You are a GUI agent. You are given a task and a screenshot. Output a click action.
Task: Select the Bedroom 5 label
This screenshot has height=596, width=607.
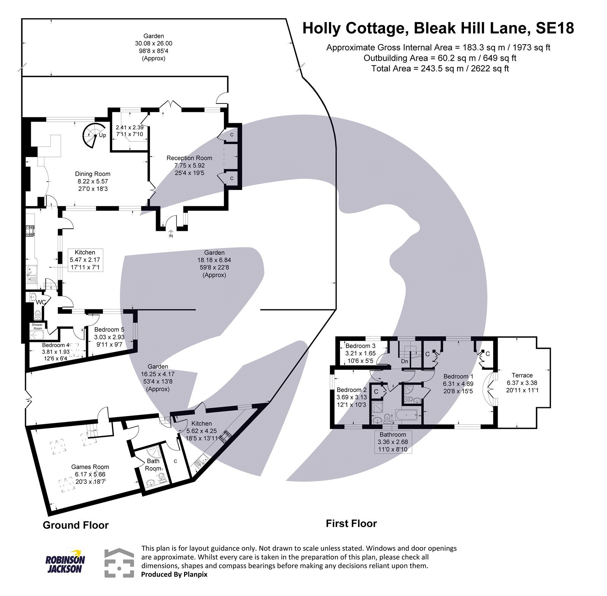109,330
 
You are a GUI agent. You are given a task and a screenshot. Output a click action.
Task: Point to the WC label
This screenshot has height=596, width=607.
41,303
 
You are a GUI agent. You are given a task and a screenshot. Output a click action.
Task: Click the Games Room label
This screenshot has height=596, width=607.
90,467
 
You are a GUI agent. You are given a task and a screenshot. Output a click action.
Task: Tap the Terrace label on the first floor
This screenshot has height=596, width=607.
522,375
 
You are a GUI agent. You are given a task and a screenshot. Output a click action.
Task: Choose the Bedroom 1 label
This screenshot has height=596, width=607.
458,376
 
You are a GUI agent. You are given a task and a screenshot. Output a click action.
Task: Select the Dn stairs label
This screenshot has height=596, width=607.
404,361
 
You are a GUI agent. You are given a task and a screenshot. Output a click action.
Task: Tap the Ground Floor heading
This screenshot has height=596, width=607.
75,525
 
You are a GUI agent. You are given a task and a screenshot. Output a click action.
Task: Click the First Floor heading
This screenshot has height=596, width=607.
351,524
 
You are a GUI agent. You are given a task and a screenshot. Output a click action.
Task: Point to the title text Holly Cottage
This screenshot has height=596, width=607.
355,28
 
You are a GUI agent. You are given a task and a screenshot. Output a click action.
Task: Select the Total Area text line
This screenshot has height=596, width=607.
440,69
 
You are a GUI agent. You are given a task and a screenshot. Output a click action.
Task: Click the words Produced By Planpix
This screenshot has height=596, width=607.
174,574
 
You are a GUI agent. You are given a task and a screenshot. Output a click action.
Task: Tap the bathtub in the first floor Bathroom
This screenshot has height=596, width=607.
407,416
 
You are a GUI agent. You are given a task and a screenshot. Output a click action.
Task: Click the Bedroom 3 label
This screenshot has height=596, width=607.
360,346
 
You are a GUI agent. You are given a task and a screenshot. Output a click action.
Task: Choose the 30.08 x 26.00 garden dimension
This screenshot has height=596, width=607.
154,44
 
